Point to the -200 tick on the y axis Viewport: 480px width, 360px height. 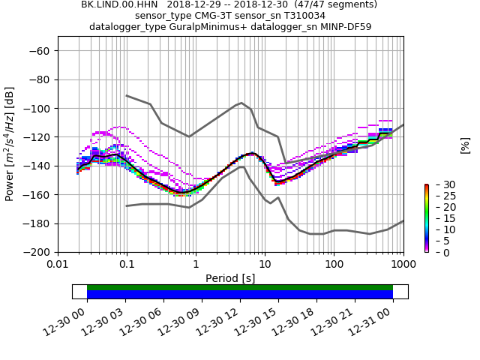point(39,252)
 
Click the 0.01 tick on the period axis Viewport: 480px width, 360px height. point(58,264)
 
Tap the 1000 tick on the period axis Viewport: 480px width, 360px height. point(403,264)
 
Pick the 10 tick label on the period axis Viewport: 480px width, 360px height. point(265,264)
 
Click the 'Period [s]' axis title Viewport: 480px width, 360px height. point(230,278)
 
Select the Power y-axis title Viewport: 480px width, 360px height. point(10,144)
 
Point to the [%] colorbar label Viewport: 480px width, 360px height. point(465,145)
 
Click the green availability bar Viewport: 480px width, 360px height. point(240,287)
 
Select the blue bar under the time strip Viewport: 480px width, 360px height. point(240,295)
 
